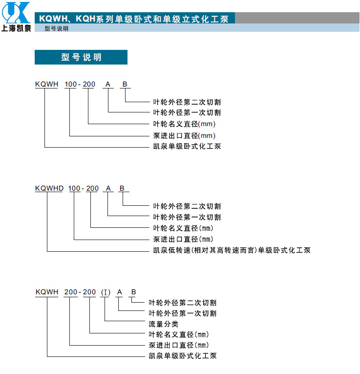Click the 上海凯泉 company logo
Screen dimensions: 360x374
16,17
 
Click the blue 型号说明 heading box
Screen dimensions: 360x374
81,57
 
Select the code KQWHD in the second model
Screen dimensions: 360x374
49,188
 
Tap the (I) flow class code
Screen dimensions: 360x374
106,292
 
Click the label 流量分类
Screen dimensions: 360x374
164,324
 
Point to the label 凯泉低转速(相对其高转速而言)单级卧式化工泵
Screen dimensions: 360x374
232,250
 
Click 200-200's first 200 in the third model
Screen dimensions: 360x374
70,292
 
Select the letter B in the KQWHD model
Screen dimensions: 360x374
122,188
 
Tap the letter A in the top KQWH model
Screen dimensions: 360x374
108,85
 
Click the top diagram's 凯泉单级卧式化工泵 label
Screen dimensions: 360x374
187,146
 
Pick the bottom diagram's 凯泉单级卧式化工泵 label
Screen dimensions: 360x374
183,356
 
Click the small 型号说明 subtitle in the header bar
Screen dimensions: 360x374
57,28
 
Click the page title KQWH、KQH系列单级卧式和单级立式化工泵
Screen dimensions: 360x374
134,19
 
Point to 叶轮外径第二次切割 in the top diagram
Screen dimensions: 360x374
187,102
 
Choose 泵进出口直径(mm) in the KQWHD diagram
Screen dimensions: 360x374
183,239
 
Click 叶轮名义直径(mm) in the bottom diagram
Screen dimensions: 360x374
179,334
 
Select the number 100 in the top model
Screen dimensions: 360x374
70,85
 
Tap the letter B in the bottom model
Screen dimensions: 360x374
134,292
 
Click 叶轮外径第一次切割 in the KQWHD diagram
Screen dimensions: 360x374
187,217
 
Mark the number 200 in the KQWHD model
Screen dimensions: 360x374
92,188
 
